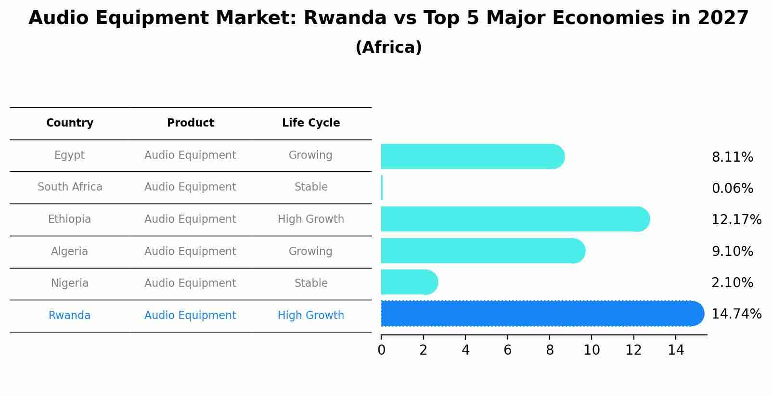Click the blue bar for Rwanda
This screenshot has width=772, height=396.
coord(539,313)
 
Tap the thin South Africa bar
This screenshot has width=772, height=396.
coord(382,188)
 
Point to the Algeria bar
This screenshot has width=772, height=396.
coord(481,251)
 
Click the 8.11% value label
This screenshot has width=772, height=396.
coord(732,157)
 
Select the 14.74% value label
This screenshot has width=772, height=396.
coord(736,314)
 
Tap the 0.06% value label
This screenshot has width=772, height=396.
coord(732,189)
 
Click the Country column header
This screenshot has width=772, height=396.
coord(70,123)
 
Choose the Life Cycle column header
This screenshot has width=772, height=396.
coord(311,123)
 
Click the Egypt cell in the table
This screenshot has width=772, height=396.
coord(69,155)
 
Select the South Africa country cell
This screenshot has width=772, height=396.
coord(70,187)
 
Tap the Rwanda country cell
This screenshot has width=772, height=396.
coord(69,316)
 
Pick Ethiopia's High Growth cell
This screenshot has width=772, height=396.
coord(311,219)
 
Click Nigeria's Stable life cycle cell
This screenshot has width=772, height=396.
coord(311,283)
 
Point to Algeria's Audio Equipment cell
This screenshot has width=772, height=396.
coord(190,252)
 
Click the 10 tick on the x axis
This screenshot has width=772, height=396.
coord(592,350)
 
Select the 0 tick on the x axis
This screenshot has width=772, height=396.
coord(381,350)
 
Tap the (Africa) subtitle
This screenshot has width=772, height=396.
coord(388,48)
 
